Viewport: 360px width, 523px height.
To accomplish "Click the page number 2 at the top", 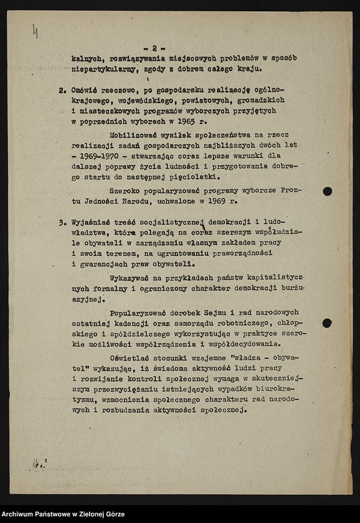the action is (154, 48).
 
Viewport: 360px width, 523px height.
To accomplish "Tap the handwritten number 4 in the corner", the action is (35, 31).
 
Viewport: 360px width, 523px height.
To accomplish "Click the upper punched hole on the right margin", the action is (327, 191).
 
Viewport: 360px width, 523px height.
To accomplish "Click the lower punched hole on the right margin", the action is (327, 323).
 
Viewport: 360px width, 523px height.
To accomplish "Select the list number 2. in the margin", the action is (62, 90).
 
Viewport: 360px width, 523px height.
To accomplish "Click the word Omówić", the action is (85, 90).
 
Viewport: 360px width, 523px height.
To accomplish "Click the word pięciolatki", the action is (187, 176).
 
